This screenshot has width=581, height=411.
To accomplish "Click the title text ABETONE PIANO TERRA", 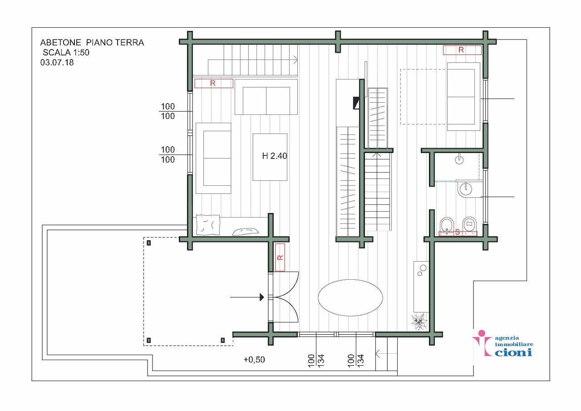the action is (92, 42).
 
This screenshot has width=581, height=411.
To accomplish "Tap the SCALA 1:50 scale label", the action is (66, 52).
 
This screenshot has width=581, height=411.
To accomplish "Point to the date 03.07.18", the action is (57, 63).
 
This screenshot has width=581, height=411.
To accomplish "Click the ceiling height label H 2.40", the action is (275, 156).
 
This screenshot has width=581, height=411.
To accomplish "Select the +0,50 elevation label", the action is (254, 360).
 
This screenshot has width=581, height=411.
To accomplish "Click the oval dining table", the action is (350, 297).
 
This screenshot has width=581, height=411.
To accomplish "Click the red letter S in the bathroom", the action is (458, 232).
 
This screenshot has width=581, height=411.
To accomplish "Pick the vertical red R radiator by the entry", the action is (280, 257).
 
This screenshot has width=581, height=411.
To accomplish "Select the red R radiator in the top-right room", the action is (462, 50).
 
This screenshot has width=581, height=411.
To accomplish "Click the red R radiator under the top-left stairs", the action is (214, 83).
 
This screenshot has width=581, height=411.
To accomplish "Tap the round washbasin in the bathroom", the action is (466, 189).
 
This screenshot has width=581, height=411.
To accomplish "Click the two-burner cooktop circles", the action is (422, 270).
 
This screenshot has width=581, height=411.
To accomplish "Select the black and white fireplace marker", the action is (356, 103).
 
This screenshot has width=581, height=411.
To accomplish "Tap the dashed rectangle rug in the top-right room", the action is (424, 97).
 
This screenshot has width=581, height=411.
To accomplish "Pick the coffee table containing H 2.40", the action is (270, 157).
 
